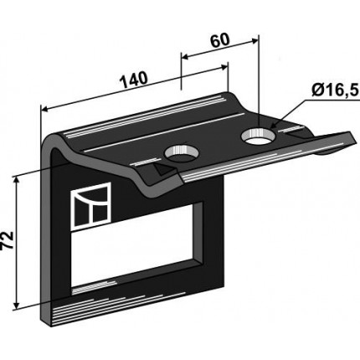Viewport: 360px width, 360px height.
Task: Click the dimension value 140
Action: pyautogui.click(x=133, y=80)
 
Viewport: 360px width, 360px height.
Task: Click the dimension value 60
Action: pyautogui.click(x=220, y=41)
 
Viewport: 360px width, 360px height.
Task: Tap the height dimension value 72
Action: pyautogui.click(x=8, y=240)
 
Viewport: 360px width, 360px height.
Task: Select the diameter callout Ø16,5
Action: pyautogui.click(x=335, y=90)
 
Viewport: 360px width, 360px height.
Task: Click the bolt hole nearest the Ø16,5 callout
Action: pyautogui.click(x=259, y=136)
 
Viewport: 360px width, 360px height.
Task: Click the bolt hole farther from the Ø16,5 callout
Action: pyautogui.click(x=182, y=154)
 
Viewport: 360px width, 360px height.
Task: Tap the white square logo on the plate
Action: pyautogui.click(x=91, y=207)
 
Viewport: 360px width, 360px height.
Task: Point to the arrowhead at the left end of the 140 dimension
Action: pyautogui.click(x=44, y=110)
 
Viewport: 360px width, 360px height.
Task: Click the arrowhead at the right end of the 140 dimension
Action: pyautogui.click(x=224, y=67)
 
